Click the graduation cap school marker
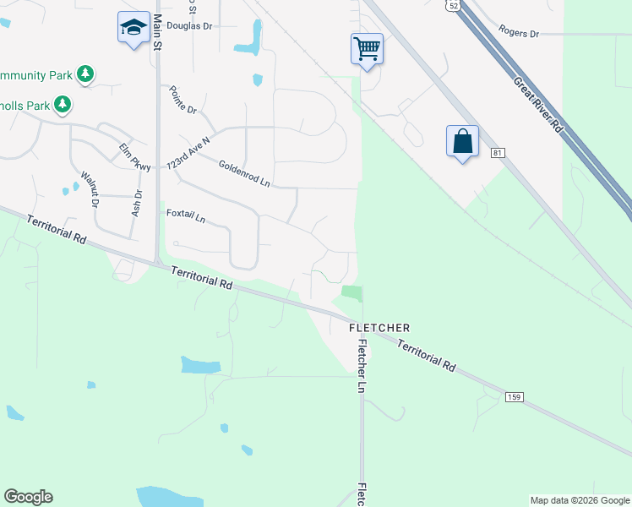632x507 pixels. click(133, 29)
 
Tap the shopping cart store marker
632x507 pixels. click(367, 48)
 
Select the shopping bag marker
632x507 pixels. click(462, 141)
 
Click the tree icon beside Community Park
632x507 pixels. click(85, 75)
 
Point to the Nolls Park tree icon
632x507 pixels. click(62, 105)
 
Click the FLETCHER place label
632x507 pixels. click(380, 327)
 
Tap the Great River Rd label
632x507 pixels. click(537, 105)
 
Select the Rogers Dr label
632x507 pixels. click(518, 33)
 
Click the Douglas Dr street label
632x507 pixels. click(189, 26)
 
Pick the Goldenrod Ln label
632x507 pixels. click(243, 174)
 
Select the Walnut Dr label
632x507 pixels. click(90, 190)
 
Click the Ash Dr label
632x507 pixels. click(137, 203)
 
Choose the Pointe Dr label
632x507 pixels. click(183, 100)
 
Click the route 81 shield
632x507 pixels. click(497, 153)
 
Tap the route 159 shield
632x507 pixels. click(514, 396)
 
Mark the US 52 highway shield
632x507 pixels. click(455, 5)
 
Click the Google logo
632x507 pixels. click(29, 497)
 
